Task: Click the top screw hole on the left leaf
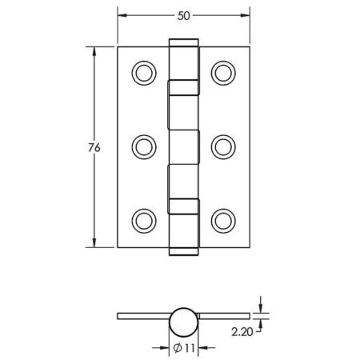point(144,73)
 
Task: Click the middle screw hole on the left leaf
point(144,146)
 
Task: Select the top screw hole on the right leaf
point(222,73)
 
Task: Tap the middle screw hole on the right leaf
point(222,146)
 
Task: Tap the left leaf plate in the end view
point(144,316)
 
